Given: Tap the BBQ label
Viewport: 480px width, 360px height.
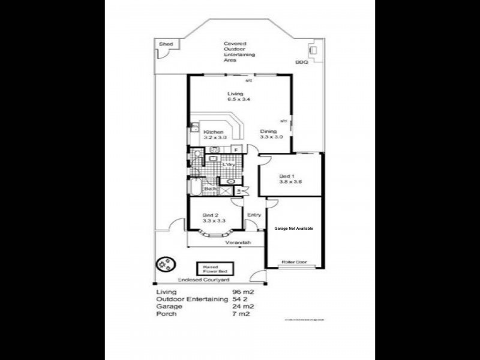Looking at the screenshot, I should [x=301, y=62].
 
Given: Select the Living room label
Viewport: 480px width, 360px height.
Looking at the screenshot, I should [x=235, y=94].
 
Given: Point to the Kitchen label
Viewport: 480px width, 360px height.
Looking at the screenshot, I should [x=214, y=132].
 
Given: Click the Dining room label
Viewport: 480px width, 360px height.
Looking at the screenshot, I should [x=268, y=131].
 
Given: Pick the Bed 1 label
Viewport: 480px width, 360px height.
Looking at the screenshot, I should [x=287, y=176].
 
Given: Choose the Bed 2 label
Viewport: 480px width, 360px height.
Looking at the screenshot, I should [x=210, y=215].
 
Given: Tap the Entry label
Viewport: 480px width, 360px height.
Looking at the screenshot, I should [x=254, y=214].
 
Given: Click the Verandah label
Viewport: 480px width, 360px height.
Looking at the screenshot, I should [x=237, y=243].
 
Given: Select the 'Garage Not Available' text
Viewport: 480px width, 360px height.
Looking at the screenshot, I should [x=294, y=229].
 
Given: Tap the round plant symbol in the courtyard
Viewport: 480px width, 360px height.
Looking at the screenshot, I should [x=164, y=264].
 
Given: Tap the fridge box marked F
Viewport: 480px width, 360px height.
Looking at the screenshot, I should [x=236, y=149].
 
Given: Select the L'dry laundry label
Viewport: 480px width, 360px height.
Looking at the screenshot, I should [x=227, y=164].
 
